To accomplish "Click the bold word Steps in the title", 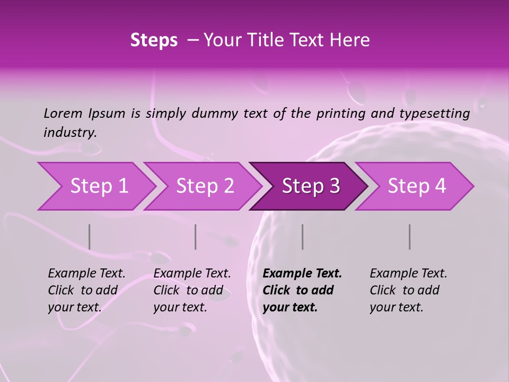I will pyautogui.click(x=154, y=40).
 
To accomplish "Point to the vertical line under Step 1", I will pyautogui.click(x=90, y=237).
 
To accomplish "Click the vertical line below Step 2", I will pyautogui.click(x=196, y=237).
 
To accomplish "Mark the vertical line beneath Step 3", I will pyautogui.click(x=303, y=237).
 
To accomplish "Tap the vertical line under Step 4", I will pyautogui.click(x=410, y=237).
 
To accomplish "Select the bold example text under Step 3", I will pyautogui.click(x=302, y=290).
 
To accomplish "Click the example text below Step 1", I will pyautogui.click(x=86, y=290).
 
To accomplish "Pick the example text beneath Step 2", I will pyautogui.click(x=192, y=290).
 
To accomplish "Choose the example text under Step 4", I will pyautogui.click(x=408, y=290).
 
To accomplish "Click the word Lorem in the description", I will pyautogui.click(x=63, y=113).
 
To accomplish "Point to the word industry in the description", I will pyautogui.click(x=70, y=132).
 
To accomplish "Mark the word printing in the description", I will pyautogui.click(x=346, y=114).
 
